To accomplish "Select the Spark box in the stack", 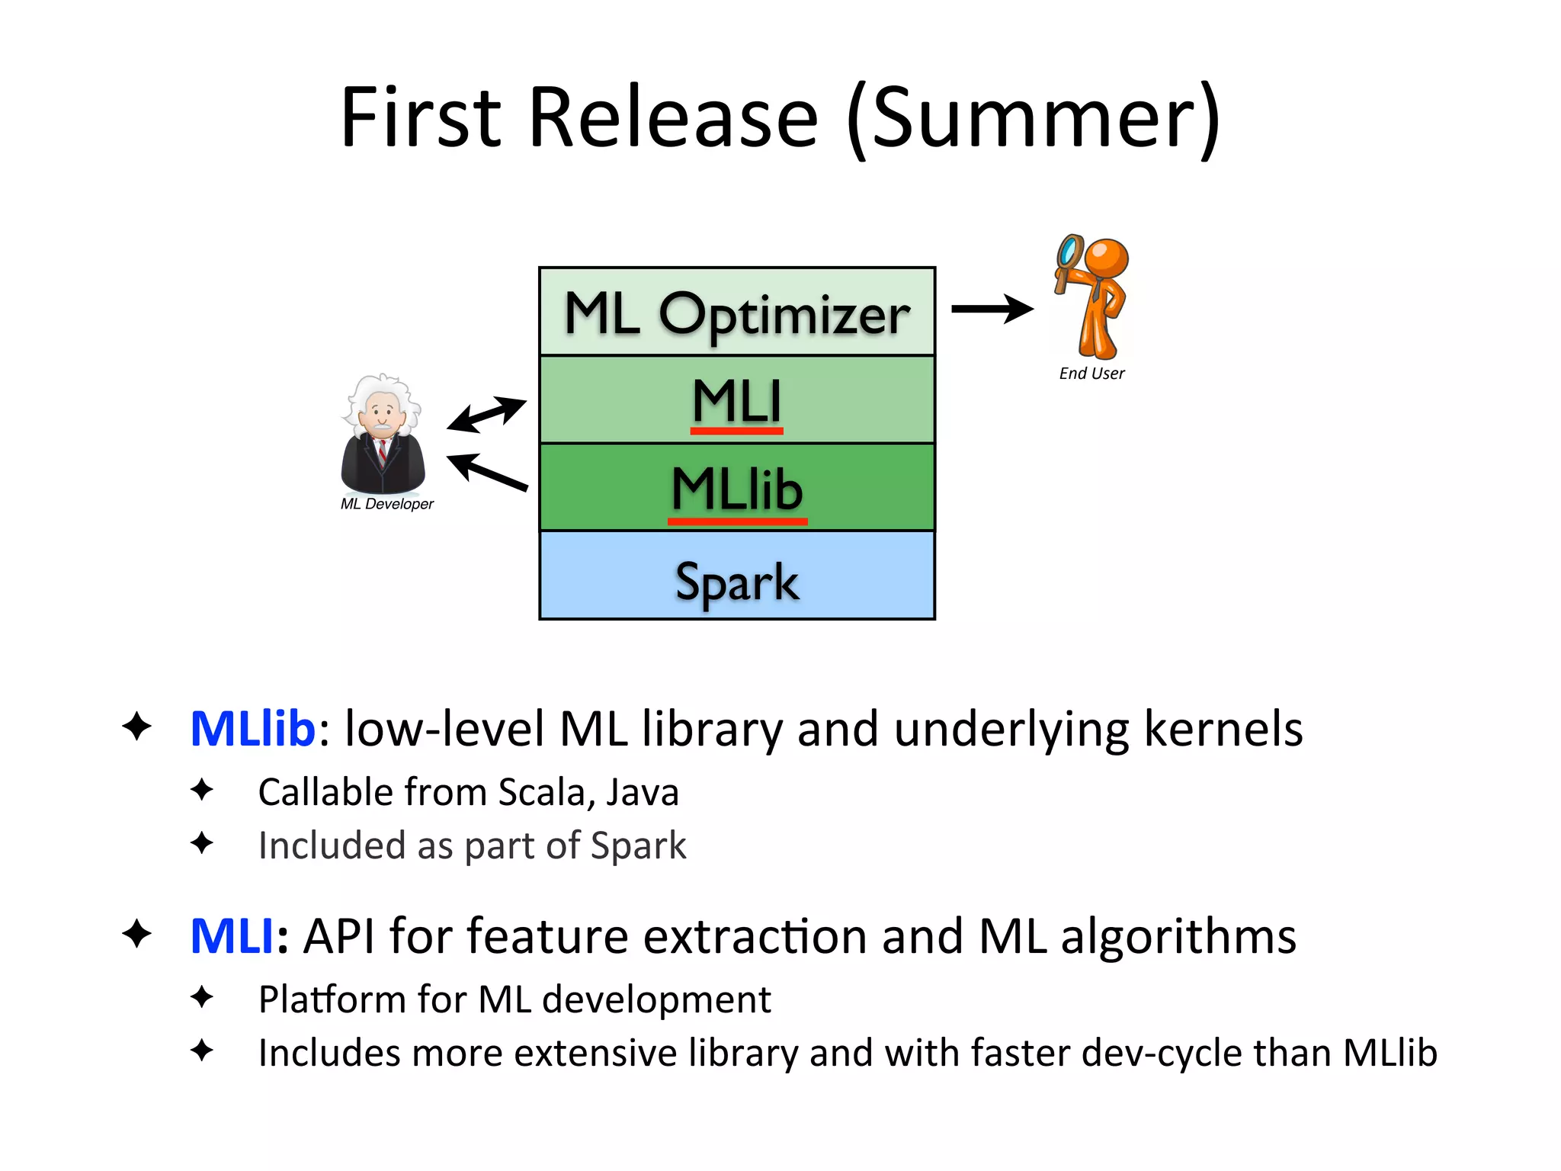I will click(x=736, y=581).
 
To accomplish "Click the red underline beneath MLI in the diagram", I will click(x=736, y=432).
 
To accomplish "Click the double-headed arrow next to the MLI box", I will click(x=486, y=414).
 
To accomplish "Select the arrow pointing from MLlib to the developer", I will click(x=488, y=472).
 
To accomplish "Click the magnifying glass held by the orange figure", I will click(x=1069, y=252).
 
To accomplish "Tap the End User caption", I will click(x=1091, y=374).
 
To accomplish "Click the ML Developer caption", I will click(x=386, y=504).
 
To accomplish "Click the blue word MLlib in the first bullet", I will click(x=252, y=728).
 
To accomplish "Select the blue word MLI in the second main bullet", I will click(x=231, y=935).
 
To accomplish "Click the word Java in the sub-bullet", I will click(x=642, y=792).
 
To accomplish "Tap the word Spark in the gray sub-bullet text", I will click(x=638, y=845).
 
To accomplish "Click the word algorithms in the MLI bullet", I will click(x=1178, y=935).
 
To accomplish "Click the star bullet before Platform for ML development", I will click(x=202, y=996).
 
